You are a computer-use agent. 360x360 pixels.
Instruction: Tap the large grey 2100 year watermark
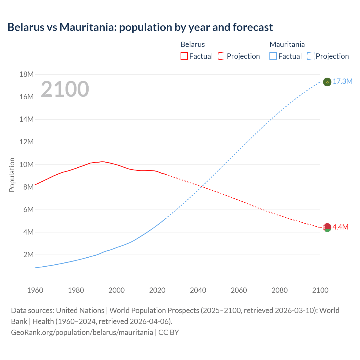click(65, 89)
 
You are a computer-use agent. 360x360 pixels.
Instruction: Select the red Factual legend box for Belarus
click(184, 56)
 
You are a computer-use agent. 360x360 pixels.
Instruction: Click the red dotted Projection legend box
click(222, 56)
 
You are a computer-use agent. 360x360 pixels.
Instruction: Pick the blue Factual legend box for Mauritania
click(273, 56)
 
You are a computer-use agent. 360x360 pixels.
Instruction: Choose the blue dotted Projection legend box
click(310, 56)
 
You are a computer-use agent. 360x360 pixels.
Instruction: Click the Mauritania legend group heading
click(287, 44)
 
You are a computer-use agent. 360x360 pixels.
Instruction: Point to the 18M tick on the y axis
click(26, 75)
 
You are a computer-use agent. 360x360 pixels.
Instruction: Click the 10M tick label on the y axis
click(26, 165)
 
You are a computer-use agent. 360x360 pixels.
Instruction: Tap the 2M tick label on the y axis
click(28, 255)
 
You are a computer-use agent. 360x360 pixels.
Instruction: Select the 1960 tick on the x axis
click(35, 290)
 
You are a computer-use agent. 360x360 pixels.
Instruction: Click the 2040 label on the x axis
click(198, 290)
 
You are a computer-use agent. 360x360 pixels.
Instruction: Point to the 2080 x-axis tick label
click(280, 290)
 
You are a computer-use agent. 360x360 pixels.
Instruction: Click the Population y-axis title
click(12, 175)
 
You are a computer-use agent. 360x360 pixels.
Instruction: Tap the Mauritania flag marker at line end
click(327, 82)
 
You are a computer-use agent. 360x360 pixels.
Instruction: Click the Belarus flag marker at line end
click(327, 227)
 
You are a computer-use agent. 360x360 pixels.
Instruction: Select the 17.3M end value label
click(343, 82)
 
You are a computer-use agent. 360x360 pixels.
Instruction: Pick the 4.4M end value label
click(341, 227)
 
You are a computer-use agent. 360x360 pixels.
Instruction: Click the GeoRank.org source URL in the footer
click(82, 332)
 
